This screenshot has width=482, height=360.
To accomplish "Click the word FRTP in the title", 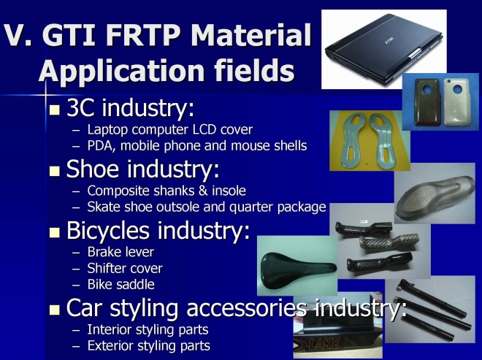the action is (143, 34).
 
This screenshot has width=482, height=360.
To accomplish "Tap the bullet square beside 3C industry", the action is (55, 110).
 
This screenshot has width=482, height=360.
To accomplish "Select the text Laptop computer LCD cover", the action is (170, 130).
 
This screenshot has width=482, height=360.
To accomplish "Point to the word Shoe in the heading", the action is (93, 169).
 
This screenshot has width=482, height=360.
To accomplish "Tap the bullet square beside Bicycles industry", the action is (55, 233).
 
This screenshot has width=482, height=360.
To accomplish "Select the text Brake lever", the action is (120, 252).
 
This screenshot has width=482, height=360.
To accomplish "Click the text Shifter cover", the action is (125, 268).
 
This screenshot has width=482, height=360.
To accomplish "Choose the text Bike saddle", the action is (120, 284).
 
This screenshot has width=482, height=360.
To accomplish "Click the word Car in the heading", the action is (83, 307).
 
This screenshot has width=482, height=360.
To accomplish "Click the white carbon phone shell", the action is (456, 102).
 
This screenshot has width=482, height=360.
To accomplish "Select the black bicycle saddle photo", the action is (297, 266).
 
